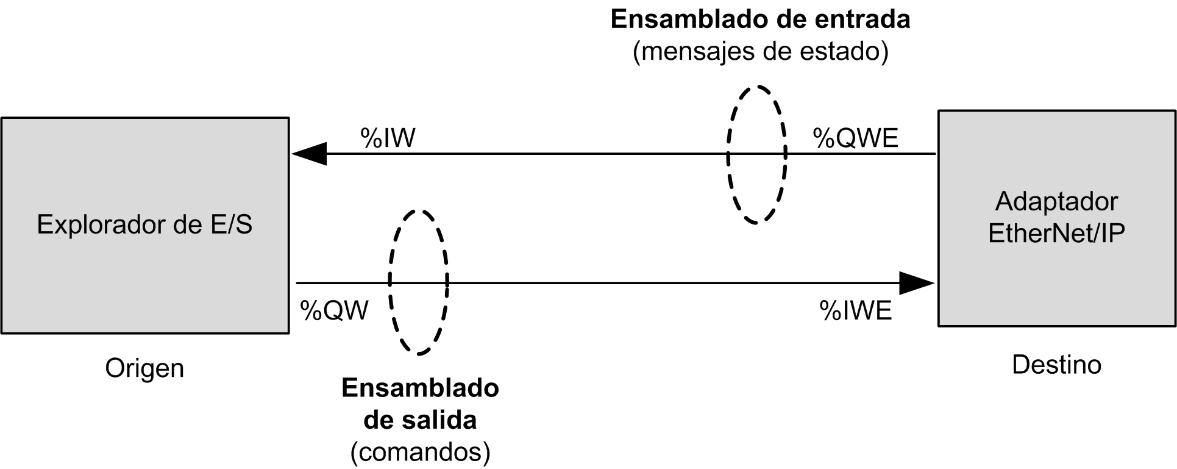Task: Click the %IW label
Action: point(388,138)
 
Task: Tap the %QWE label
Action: point(855,138)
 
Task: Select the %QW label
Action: point(335,310)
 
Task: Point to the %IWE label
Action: point(856,310)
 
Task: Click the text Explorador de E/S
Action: point(144,224)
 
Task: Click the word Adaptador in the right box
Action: point(1056,201)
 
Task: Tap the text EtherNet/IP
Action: point(1056,233)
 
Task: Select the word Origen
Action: point(144,368)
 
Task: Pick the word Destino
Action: point(1056,365)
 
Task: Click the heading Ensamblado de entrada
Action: point(760,20)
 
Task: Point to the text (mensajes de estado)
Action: point(760,51)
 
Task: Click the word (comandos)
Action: point(420,452)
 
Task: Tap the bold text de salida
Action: point(420,420)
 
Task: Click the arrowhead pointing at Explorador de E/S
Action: point(310,154)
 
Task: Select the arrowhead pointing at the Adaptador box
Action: point(917,283)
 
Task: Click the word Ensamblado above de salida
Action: point(420,388)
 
